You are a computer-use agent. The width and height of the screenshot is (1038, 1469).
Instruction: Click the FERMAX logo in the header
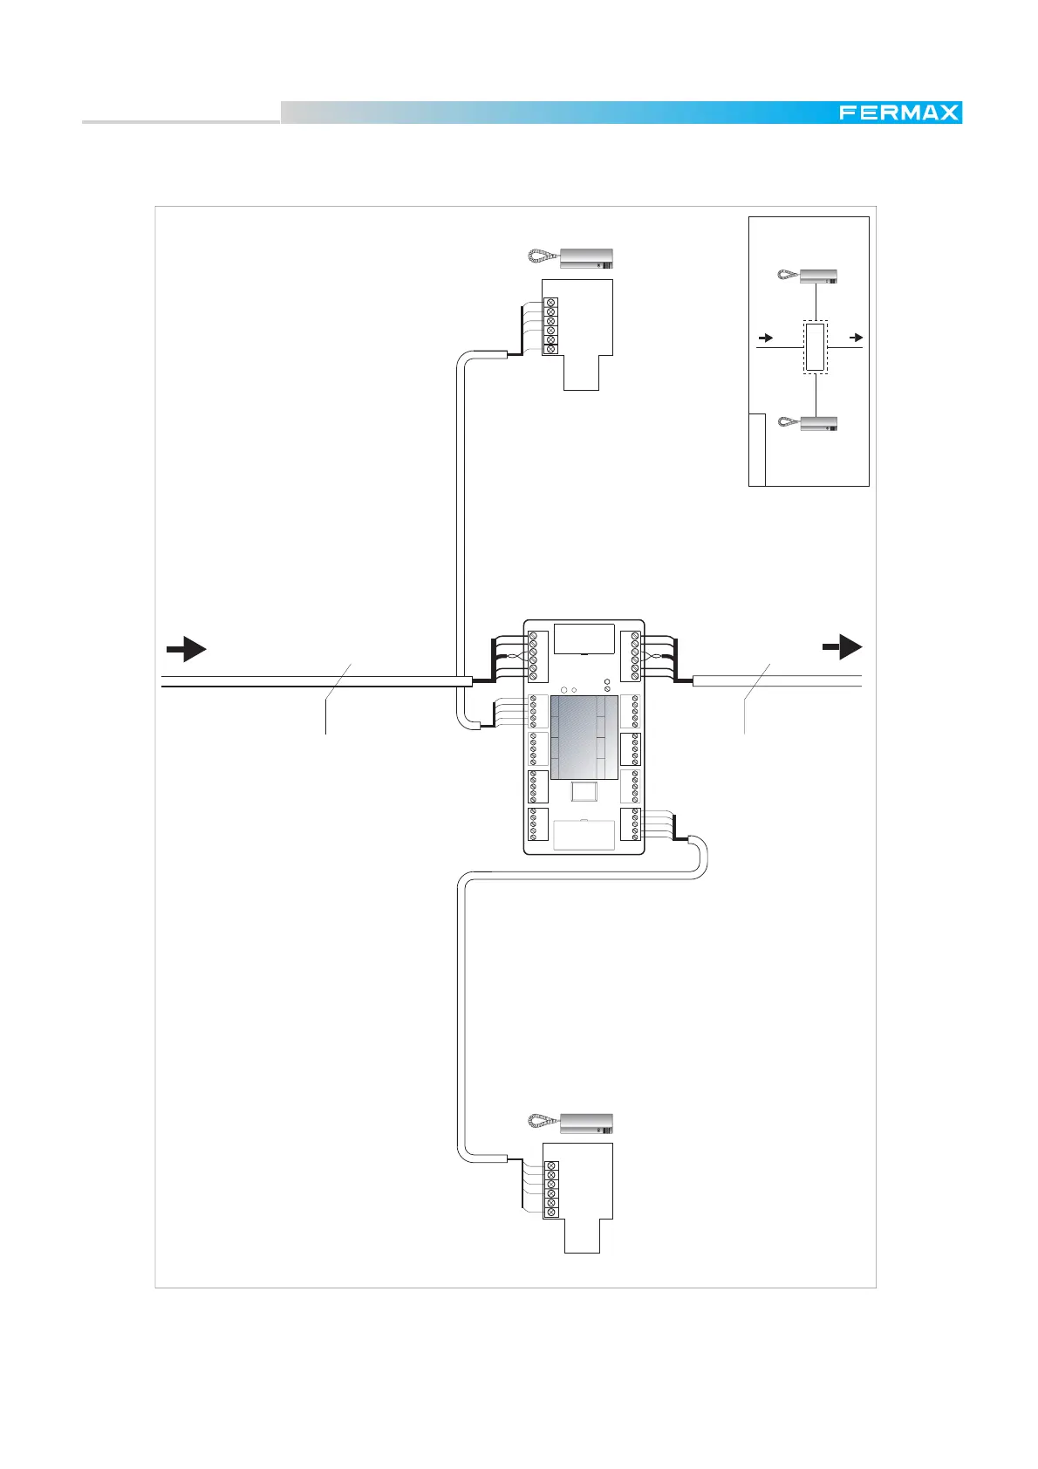[x=898, y=113]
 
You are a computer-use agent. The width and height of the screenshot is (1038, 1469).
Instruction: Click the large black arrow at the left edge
[x=186, y=649]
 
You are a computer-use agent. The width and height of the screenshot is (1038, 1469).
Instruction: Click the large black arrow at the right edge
[x=843, y=646]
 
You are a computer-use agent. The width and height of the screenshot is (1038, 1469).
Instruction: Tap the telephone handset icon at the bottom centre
[x=570, y=1124]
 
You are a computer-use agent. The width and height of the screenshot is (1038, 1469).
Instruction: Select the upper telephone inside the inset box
[x=807, y=276]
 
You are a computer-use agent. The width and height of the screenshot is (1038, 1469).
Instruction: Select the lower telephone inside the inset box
[x=807, y=423]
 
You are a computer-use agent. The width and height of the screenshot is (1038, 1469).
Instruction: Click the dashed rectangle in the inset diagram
[x=815, y=347]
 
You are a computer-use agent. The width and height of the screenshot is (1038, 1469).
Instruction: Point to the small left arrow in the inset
[x=765, y=338]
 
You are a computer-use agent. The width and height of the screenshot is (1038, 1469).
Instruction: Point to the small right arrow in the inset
[x=856, y=337]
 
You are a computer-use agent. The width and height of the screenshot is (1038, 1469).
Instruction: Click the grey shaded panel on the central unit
[x=584, y=738]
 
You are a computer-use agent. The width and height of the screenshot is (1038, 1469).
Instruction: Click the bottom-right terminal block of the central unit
[x=630, y=824]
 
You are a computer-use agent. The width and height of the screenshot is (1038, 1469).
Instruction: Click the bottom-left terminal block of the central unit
[x=537, y=824]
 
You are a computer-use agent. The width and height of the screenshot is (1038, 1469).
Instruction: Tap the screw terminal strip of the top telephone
[x=550, y=326]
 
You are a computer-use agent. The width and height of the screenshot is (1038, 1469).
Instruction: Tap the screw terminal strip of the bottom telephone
[x=550, y=1189]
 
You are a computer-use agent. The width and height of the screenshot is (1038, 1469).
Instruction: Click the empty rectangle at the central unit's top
[x=584, y=639]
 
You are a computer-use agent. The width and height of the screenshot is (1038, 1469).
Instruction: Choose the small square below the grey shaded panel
[x=583, y=791]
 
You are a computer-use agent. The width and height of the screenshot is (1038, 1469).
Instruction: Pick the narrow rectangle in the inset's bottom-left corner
[x=757, y=450]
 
